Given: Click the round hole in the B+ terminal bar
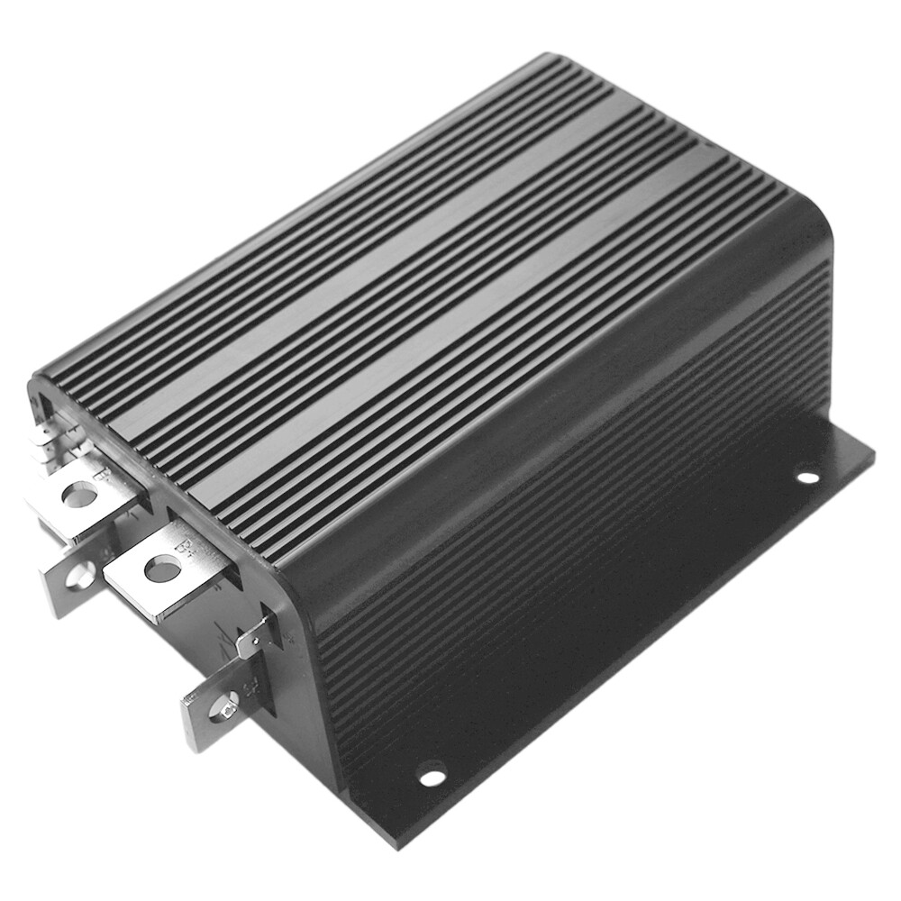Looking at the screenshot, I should [161, 569].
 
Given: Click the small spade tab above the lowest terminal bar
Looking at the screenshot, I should [254, 637].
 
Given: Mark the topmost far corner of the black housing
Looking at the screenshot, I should [551, 56].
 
